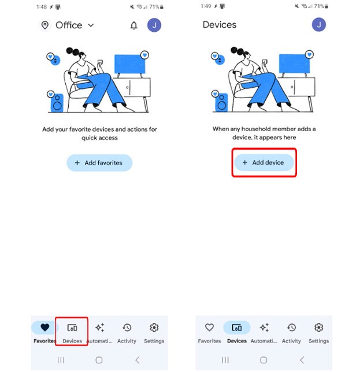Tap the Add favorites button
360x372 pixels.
pyautogui.click(x=99, y=163)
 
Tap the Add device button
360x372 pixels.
pyautogui.click(x=264, y=162)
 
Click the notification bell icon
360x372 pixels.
pyautogui.click(x=134, y=25)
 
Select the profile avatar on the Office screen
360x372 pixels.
pyautogui.click(x=154, y=25)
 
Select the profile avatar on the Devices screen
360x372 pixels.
pyautogui.click(x=319, y=25)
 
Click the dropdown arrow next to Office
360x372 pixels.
pyautogui.click(x=91, y=25)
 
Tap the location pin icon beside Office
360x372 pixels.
pyautogui.click(x=45, y=25)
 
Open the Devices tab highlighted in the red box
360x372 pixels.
pyautogui.click(x=72, y=332)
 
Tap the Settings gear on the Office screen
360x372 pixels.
pyautogui.click(x=154, y=328)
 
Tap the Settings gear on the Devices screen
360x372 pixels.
pyautogui.click(x=319, y=328)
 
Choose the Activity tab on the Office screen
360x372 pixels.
pyautogui.click(x=127, y=332)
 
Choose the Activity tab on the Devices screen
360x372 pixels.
pyautogui.click(x=291, y=332)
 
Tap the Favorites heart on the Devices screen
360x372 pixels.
pyautogui.click(x=209, y=328)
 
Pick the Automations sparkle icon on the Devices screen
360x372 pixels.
pyautogui.click(x=264, y=328)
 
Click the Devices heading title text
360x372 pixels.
pyautogui.click(x=220, y=25)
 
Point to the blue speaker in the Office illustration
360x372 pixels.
pyautogui.click(x=57, y=103)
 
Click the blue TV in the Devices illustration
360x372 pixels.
pyautogui.click(x=294, y=64)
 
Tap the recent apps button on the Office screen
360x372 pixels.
pyautogui.click(x=61, y=360)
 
